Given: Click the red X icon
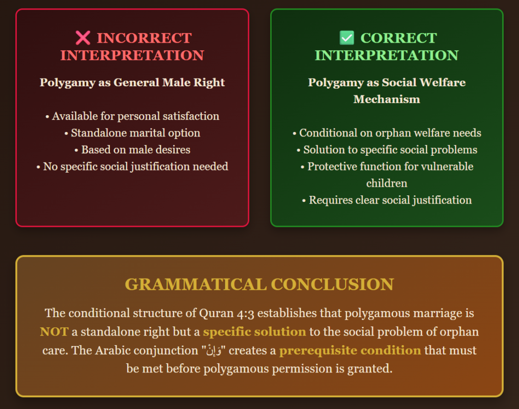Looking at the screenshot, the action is coord(83,38).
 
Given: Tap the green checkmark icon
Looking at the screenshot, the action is coord(347,38).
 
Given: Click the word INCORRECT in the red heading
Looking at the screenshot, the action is coord(144,38).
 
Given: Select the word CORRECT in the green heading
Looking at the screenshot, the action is coord(398,38).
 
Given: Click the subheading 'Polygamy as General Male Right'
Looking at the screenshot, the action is coord(132,83).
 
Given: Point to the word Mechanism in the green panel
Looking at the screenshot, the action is coord(387,99).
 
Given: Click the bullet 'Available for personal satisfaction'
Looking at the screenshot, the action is coord(132,116).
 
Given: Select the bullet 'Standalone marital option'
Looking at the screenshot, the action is coord(132,133).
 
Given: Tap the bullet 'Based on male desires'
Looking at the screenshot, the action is coord(132,150).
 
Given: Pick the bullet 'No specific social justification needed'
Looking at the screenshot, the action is coord(132,167).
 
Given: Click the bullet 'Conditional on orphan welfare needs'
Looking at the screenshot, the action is coord(387,133).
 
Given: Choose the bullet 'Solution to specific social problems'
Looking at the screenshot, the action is coord(387,150).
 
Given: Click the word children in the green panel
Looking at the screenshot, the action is coord(387,183).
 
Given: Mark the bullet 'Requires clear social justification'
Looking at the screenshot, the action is coord(387,200).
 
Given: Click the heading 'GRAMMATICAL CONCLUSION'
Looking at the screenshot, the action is coord(259,284).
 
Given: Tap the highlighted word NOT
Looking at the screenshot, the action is coord(54,332).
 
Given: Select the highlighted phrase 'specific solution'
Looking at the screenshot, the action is coord(254,332).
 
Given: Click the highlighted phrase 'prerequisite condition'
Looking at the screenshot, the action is coord(350,351).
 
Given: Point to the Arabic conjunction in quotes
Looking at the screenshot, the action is coord(214,351).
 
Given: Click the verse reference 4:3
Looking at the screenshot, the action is coord(246,314).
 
